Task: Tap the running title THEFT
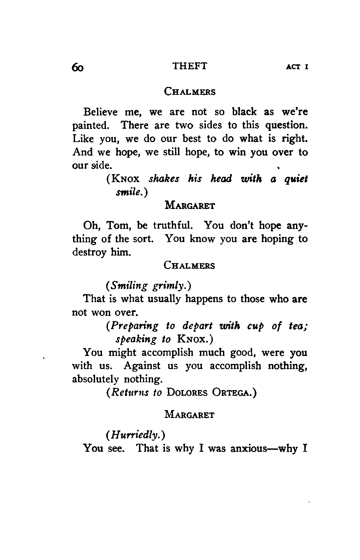190,66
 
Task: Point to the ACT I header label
297,67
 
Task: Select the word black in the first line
244,112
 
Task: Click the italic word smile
129,193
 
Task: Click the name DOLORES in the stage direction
187,393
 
